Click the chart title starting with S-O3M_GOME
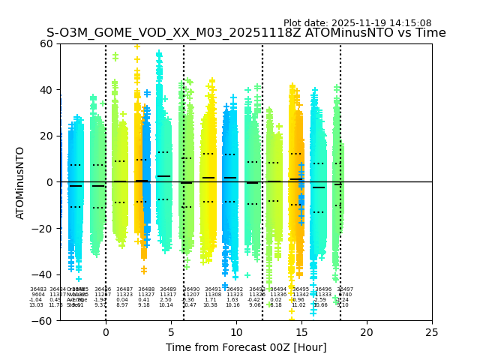point(246,33)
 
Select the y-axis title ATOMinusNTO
point(20,182)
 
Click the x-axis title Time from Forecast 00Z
point(246,347)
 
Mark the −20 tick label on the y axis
point(44,228)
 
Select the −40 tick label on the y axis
point(44,274)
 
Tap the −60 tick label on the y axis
point(44,320)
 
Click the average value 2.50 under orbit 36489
point(166,300)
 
